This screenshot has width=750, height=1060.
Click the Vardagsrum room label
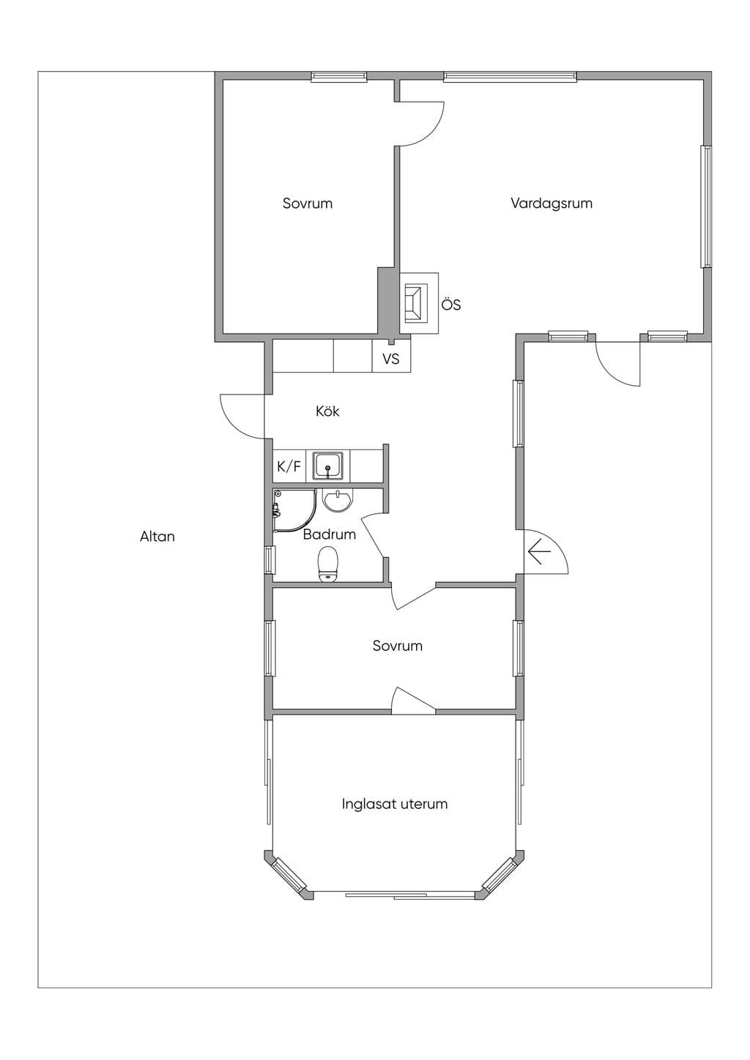551,203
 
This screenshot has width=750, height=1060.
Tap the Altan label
157,536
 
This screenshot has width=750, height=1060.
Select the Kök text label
327,411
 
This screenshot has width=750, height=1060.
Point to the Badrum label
329,534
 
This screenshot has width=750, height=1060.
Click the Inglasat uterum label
395,804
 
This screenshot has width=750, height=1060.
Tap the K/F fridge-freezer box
289,466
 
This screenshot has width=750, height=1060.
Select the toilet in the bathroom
327,564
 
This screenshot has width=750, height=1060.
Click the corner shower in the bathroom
294,510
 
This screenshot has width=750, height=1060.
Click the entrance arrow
539,552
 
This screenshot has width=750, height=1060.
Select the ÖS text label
450,305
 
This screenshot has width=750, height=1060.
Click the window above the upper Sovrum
338,77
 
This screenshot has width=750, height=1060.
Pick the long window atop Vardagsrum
510,77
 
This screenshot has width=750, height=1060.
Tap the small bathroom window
269,560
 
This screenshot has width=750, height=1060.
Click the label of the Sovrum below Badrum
397,646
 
